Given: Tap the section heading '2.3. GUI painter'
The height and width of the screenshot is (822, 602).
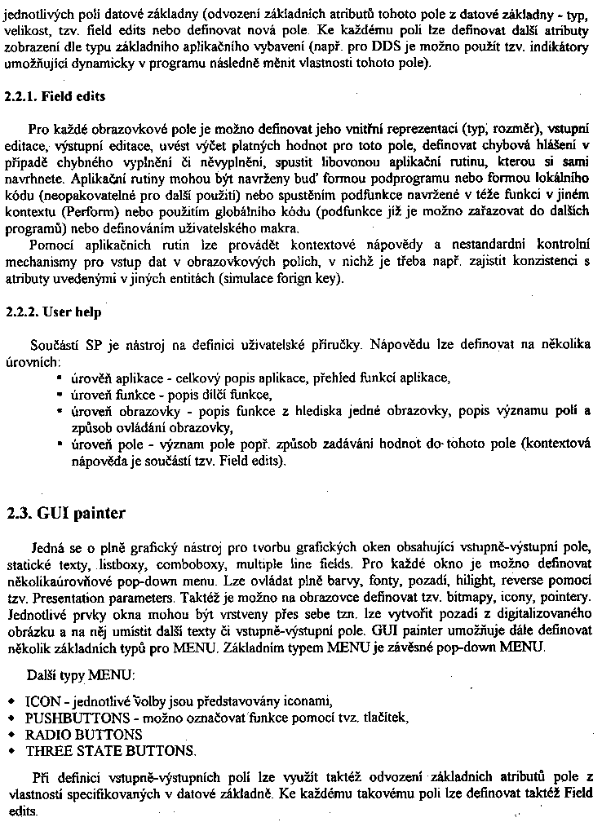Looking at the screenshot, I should tap(65, 513).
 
